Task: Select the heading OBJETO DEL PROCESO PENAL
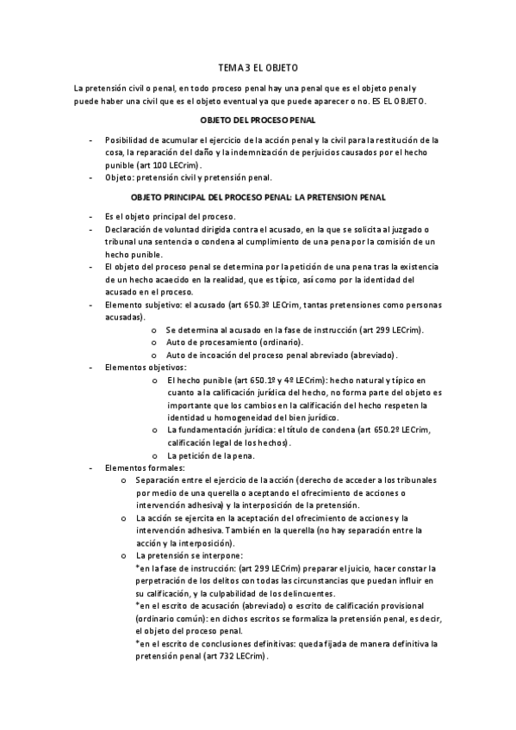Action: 258,121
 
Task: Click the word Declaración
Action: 130,229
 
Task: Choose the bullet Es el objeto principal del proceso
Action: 170,216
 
